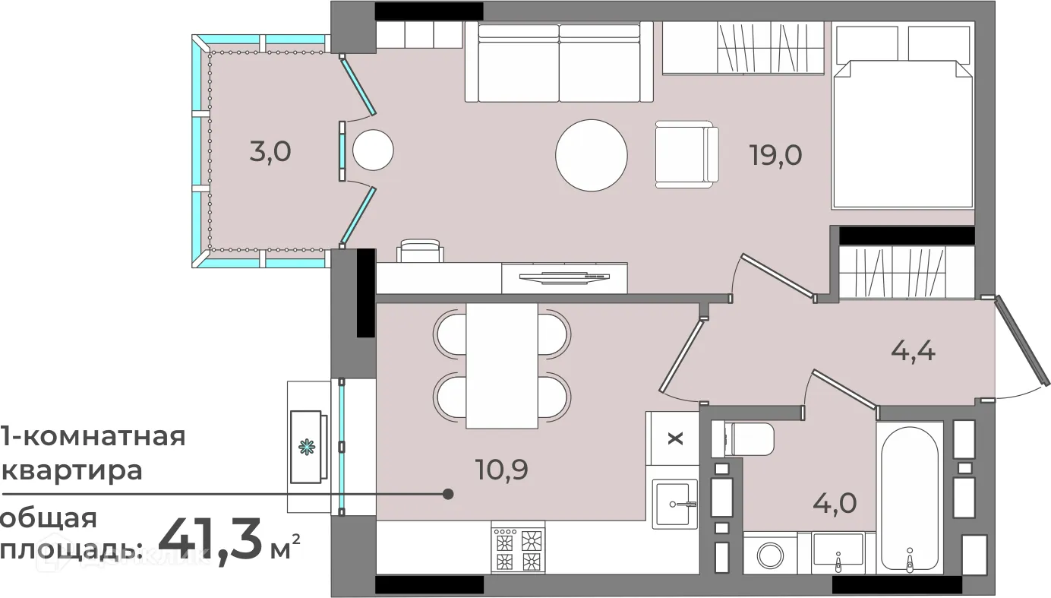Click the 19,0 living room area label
coord(776,155)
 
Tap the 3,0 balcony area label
coord(270,152)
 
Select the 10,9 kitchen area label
coord(501,470)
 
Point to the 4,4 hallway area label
coord(913,350)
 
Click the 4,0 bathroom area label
coord(835,503)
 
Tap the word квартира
coord(71,470)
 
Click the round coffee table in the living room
coord(591,155)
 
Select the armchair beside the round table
coord(687,154)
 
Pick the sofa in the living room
coord(559,62)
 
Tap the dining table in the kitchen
coord(501,365)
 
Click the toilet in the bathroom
coord(742,439)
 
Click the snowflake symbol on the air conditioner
coord(308,447)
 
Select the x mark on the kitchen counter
coord(676,439)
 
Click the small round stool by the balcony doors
coord(373,150)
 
